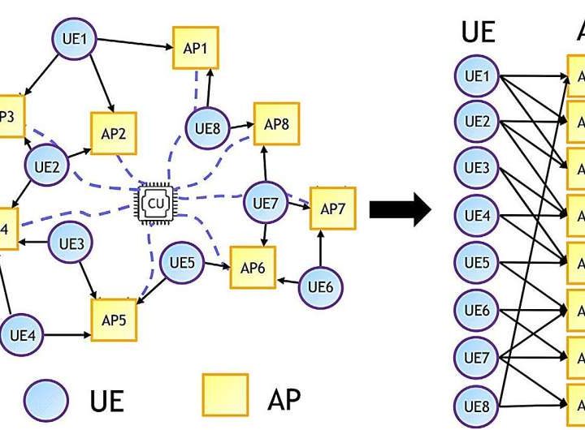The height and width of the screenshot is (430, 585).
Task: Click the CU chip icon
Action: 154,204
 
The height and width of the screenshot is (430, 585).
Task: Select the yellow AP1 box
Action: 195,49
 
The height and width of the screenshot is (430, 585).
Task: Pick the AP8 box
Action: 276,124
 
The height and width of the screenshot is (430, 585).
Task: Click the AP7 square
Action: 332,209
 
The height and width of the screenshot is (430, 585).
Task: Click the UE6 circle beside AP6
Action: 320,286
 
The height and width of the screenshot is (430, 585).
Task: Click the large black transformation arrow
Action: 399,210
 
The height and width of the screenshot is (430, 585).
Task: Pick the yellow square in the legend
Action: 225,395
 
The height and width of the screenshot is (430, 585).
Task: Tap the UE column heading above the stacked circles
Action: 478,32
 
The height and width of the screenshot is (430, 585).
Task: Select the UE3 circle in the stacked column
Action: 476,170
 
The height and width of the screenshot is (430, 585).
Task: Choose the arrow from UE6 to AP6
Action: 288,281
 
